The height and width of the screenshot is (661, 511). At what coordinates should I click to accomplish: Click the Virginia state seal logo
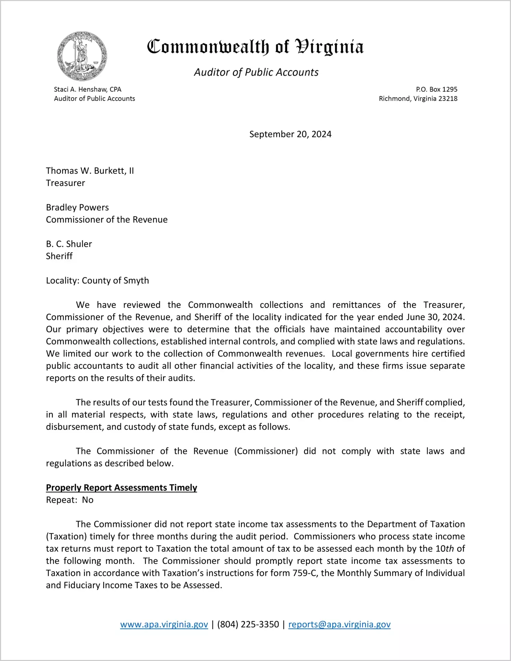(82, 56)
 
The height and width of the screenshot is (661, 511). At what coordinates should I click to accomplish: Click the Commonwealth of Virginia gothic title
(255, 47)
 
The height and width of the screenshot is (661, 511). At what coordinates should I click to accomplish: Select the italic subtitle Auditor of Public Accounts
(256, 72)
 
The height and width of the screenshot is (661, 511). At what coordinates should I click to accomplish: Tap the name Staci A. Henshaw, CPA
(88, 89)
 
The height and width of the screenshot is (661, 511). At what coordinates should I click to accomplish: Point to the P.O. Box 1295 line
(436, 89)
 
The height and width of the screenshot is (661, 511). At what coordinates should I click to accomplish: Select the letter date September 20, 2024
(290, 134)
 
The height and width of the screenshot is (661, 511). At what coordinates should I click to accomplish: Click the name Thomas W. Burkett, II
(90, 171)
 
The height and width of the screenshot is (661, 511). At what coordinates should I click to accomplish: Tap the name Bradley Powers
(77, 207)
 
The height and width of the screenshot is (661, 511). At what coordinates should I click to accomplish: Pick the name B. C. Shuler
(69, 244)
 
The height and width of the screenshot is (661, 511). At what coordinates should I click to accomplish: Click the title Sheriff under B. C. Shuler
(59, 256)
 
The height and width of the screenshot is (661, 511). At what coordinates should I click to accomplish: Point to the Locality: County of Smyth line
(97, 281)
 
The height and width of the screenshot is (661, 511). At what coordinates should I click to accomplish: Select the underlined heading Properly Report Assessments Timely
(121, 487)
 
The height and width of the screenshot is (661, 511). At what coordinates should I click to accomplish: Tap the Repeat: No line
(70, 500)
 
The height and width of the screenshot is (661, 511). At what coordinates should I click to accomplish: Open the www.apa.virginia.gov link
(164, 624)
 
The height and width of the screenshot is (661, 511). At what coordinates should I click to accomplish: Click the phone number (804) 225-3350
(248, 624)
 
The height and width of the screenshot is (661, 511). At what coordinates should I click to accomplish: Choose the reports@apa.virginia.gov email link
(339, 624)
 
